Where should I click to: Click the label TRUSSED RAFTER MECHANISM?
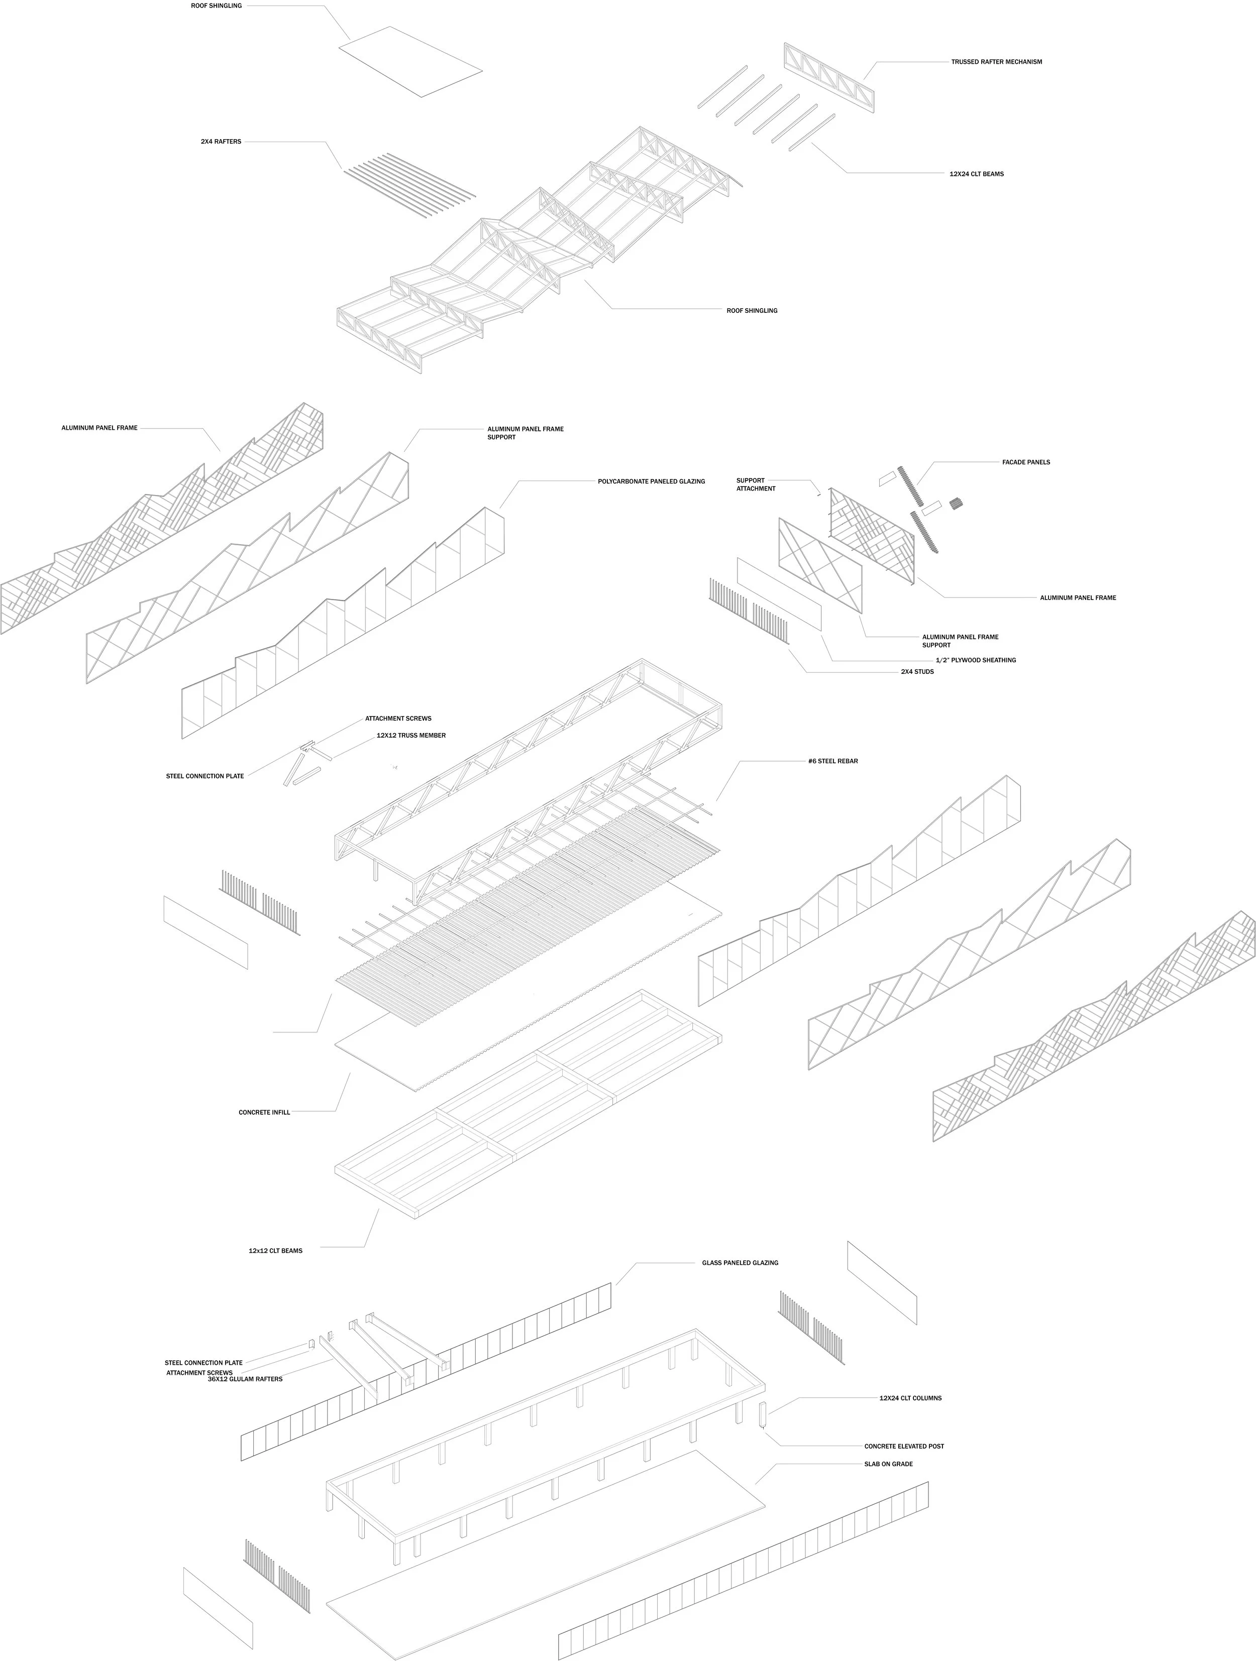tap(996, 62)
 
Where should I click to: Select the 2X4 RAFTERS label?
tap(221, 141)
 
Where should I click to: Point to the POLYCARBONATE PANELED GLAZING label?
tap(651, 482)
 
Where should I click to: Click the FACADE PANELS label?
tap(1025, 462)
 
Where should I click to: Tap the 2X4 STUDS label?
tap(917, 671)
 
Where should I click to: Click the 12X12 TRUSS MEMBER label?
tap(411, 735)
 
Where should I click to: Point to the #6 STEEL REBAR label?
tap(832, 761)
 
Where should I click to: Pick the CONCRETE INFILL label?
tap(264, 1112)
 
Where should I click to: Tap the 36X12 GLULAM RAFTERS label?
tap(245, 1379)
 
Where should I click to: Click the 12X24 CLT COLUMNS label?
tap(910, 1398)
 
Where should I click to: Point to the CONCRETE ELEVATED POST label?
tap(904, 1446)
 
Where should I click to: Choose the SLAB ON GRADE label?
tap(887, 1464)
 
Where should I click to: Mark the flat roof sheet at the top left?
tap(409, 62)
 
